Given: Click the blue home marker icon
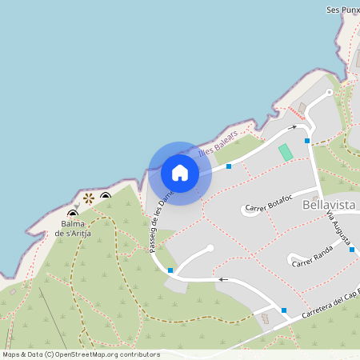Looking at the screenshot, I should click(x=180, y=172).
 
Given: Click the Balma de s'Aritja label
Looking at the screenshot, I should click(x=72, y=229).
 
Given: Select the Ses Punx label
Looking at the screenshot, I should click(x=343, y=10).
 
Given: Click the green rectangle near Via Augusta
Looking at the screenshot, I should click(x=285, y=152).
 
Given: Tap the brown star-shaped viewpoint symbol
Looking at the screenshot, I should click(x=88, y=198).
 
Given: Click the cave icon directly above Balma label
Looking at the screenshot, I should click(x=73, y=214).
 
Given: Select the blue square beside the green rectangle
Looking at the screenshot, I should click(x=307, y=141).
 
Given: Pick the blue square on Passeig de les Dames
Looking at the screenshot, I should click(x=170, y=270).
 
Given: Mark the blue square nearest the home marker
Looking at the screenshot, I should click(x=229, y=166).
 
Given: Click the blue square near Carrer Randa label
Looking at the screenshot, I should click(x=352, y=250).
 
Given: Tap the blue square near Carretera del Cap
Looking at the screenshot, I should click(x=283, y=310).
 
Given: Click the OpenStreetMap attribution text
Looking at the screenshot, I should click(x=81, y=354).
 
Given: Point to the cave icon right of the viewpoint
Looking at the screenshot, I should click(x=106, y=196).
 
